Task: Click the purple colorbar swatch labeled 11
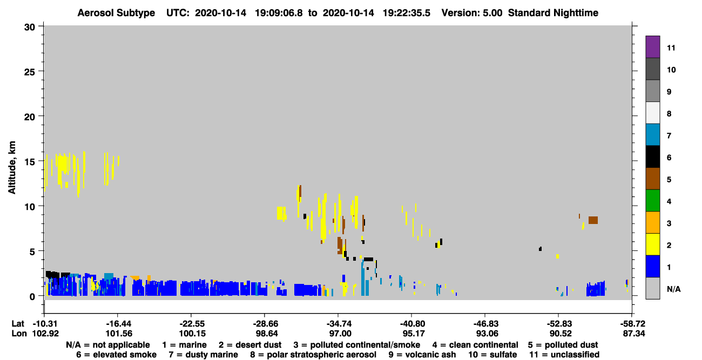click(x=652, y=46)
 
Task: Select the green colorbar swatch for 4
click(x=652, y=201)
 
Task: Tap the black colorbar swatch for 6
click(x=652, y=157)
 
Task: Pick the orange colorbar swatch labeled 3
click(x=652, y=222)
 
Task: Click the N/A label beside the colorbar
click(x=673, y=289)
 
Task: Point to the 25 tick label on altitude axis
click(x=30, y=72)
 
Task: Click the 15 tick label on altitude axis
click(x=30, y=162)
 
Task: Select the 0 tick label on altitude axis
click(x=32, y=297)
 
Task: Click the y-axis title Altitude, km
click(x=11, y=168)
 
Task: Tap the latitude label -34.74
click(x=340, y=323)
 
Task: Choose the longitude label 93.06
click(x=487, y=334)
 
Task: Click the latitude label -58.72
click(x=632, y=323)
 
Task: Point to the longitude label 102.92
click(x=45, y=334)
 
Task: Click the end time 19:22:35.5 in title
click(x=407, y=13)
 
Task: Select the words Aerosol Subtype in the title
click(x=116, y=13)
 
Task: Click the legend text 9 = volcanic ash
click(x=422, y=355)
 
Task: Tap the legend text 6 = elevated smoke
click(x=116, y=355)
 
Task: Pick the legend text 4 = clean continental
click(x=475, y=345)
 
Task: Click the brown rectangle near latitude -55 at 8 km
click(x=593, y=220)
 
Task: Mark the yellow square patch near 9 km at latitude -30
click(x=281, y=213)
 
